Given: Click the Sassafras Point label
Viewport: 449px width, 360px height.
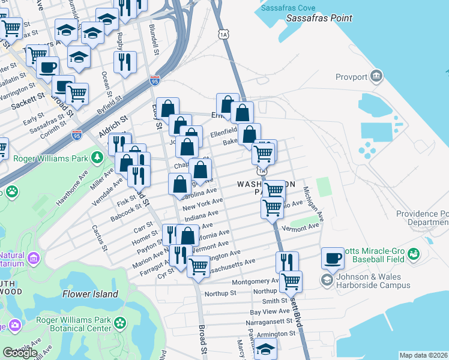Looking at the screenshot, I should click(x=319, y=19).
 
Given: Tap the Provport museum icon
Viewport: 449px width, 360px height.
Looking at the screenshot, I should click(x=376, y=76).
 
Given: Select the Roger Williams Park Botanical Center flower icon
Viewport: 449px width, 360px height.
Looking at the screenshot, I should click(x=121, y=323).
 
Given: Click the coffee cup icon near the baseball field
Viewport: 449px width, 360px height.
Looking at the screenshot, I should click(x=333, y=259).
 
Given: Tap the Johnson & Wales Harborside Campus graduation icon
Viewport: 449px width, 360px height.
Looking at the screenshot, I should click(x=327, y=280).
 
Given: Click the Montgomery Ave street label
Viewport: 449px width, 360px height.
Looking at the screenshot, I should click(x=255, y=281).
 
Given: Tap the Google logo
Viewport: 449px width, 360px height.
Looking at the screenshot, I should click(x=20, y=353).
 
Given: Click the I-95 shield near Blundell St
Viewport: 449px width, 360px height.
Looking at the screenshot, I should click(x=155, y=81).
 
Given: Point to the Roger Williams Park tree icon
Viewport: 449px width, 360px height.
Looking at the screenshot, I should click(x=97, y=158).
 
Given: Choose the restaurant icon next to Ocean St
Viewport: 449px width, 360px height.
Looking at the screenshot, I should click(x=125, y=62).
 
